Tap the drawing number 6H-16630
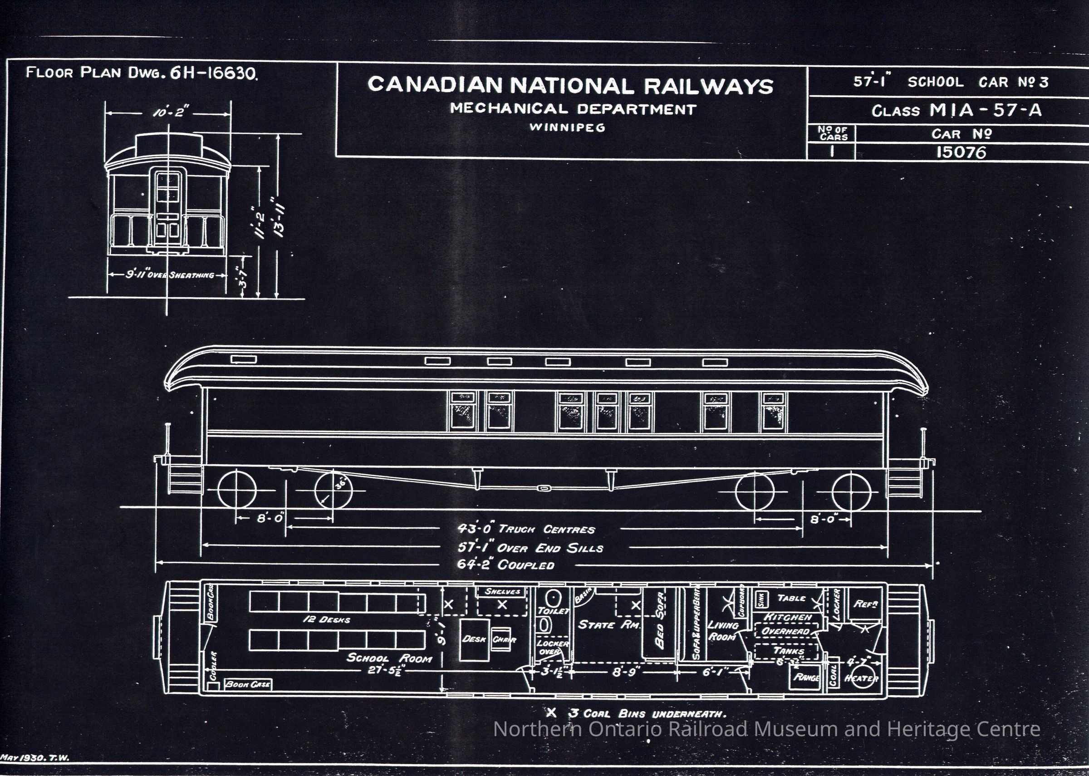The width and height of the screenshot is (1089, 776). point(213,73)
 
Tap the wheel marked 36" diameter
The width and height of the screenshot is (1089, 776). point(334,490)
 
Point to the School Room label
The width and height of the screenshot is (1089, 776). point(389,658)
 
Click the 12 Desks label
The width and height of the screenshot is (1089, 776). point(327,620)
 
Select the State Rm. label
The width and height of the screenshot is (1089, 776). point(608,625)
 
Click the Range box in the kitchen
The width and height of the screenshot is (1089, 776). point(806,678)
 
